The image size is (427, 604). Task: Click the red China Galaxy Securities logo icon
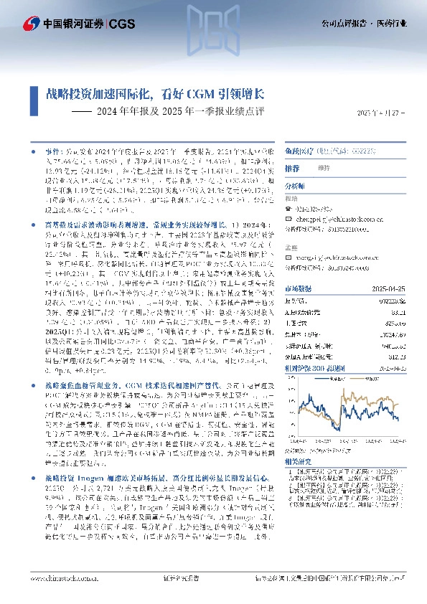(x=30, y=24)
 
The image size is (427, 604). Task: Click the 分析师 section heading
(x=295, y=185)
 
